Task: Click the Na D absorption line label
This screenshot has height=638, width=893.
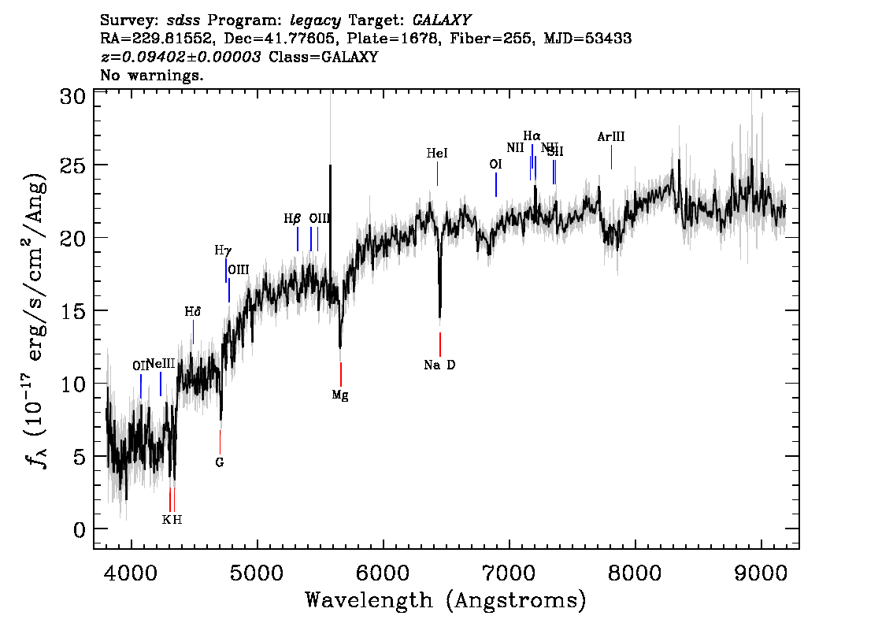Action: point(439,365)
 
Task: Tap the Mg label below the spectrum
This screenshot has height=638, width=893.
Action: point(340,395)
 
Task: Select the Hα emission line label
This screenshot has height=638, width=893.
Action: point(532,135)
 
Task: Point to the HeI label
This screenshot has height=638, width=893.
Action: point(437,154)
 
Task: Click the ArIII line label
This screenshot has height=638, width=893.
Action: point(611,137)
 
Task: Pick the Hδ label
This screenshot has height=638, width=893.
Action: point(193,312)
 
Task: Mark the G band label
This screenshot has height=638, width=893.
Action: point(220,462)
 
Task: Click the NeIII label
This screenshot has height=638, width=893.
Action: point(161,364)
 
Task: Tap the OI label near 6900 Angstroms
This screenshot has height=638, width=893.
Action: point(495,165)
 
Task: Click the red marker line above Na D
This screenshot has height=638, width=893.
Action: point(439,344)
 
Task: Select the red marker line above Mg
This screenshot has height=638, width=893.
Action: point(340,373)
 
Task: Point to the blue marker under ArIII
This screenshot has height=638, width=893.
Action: point(611,158)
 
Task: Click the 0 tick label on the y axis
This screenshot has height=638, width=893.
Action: point(80,529)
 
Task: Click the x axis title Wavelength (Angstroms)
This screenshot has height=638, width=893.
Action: point(446,600)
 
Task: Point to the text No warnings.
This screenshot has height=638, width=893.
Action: point(152,76)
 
